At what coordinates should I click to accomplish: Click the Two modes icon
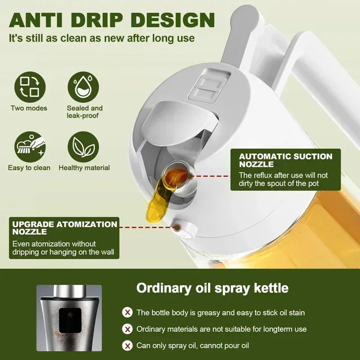click(x=30, y=87)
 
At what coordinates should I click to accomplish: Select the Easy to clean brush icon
click(x=30, y=147)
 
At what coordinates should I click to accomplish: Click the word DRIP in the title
click(x=106, y=21)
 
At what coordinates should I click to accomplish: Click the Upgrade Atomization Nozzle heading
click(x=64, y=228)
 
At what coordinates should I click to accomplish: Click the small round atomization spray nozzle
click(x=179, y=227)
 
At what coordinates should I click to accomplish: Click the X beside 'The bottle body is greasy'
click(x=127, y=312)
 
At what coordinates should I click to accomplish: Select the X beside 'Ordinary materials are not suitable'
click(x=127, y=329)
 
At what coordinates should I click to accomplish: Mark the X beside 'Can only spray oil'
click(x=127, y=345)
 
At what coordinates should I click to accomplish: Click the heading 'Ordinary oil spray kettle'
click(x=212, y=287)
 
